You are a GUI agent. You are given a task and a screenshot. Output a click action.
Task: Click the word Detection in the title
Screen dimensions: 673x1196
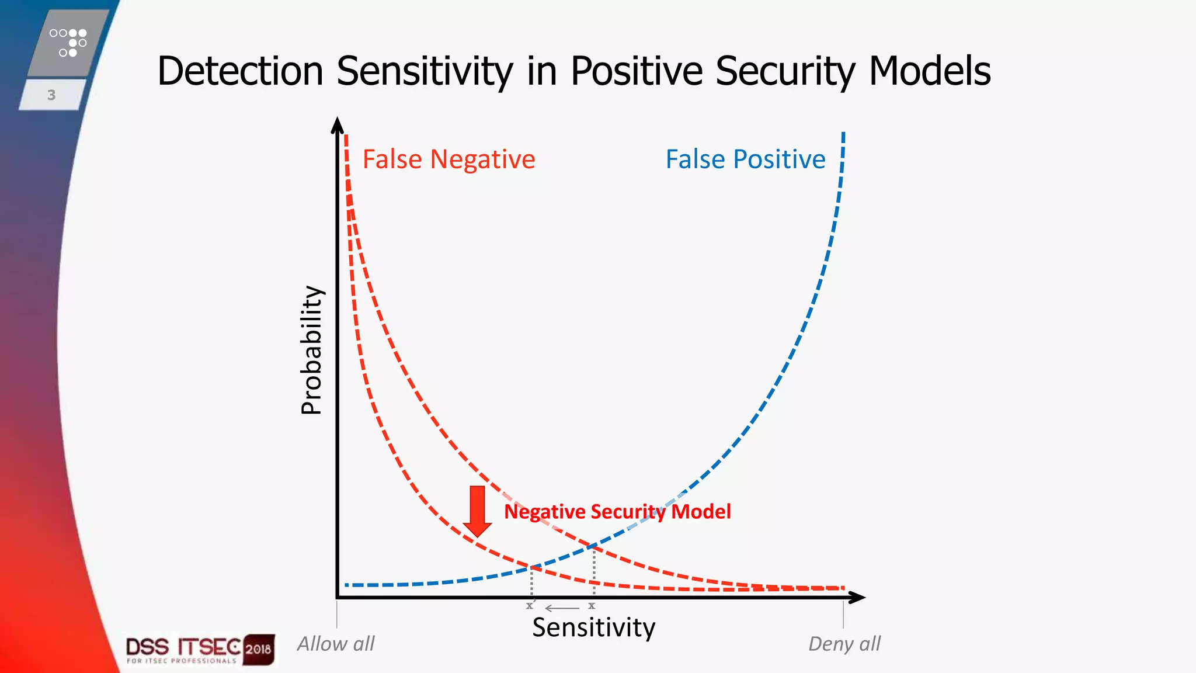240,71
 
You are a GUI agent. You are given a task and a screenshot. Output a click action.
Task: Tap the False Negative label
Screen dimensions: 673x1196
448,159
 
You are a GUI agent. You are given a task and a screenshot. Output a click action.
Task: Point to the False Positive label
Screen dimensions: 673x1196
745,159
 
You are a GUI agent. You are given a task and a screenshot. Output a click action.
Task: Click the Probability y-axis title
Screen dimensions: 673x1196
311,350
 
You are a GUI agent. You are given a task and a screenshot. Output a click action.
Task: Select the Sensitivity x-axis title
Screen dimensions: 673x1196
593,628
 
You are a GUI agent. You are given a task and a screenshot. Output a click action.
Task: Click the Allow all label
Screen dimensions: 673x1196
336,644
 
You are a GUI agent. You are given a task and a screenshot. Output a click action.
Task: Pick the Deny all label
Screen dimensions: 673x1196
844,644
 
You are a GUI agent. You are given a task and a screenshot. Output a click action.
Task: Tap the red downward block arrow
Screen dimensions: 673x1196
477,511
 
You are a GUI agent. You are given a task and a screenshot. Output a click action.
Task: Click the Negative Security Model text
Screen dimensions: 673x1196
617,512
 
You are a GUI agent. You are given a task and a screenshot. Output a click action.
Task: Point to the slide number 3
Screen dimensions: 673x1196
51,95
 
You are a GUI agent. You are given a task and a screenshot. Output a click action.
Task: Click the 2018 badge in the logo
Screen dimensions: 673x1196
258,649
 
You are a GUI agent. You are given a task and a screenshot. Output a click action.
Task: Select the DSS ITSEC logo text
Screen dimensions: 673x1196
183,647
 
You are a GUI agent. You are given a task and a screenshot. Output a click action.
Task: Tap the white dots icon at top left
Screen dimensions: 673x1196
68,43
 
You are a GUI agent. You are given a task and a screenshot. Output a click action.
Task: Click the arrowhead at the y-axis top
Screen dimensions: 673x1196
338,125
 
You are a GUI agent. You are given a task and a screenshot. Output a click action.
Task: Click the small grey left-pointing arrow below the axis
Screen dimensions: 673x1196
562,608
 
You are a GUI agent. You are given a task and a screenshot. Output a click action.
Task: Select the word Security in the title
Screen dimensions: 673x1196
785,71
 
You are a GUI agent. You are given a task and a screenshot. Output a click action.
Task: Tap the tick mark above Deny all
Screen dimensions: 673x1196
843,615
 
